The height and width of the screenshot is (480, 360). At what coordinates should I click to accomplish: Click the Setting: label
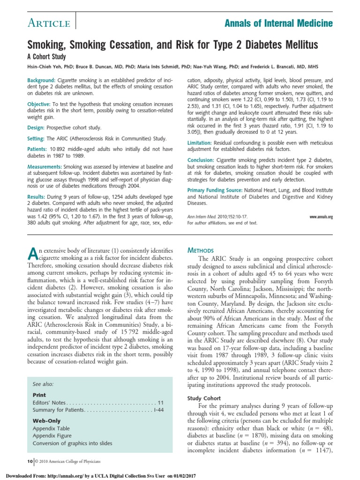(37, 139)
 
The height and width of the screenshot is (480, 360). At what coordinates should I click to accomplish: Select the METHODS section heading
(200, 250)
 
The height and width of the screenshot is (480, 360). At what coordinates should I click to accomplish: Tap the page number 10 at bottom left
(30, 462)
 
